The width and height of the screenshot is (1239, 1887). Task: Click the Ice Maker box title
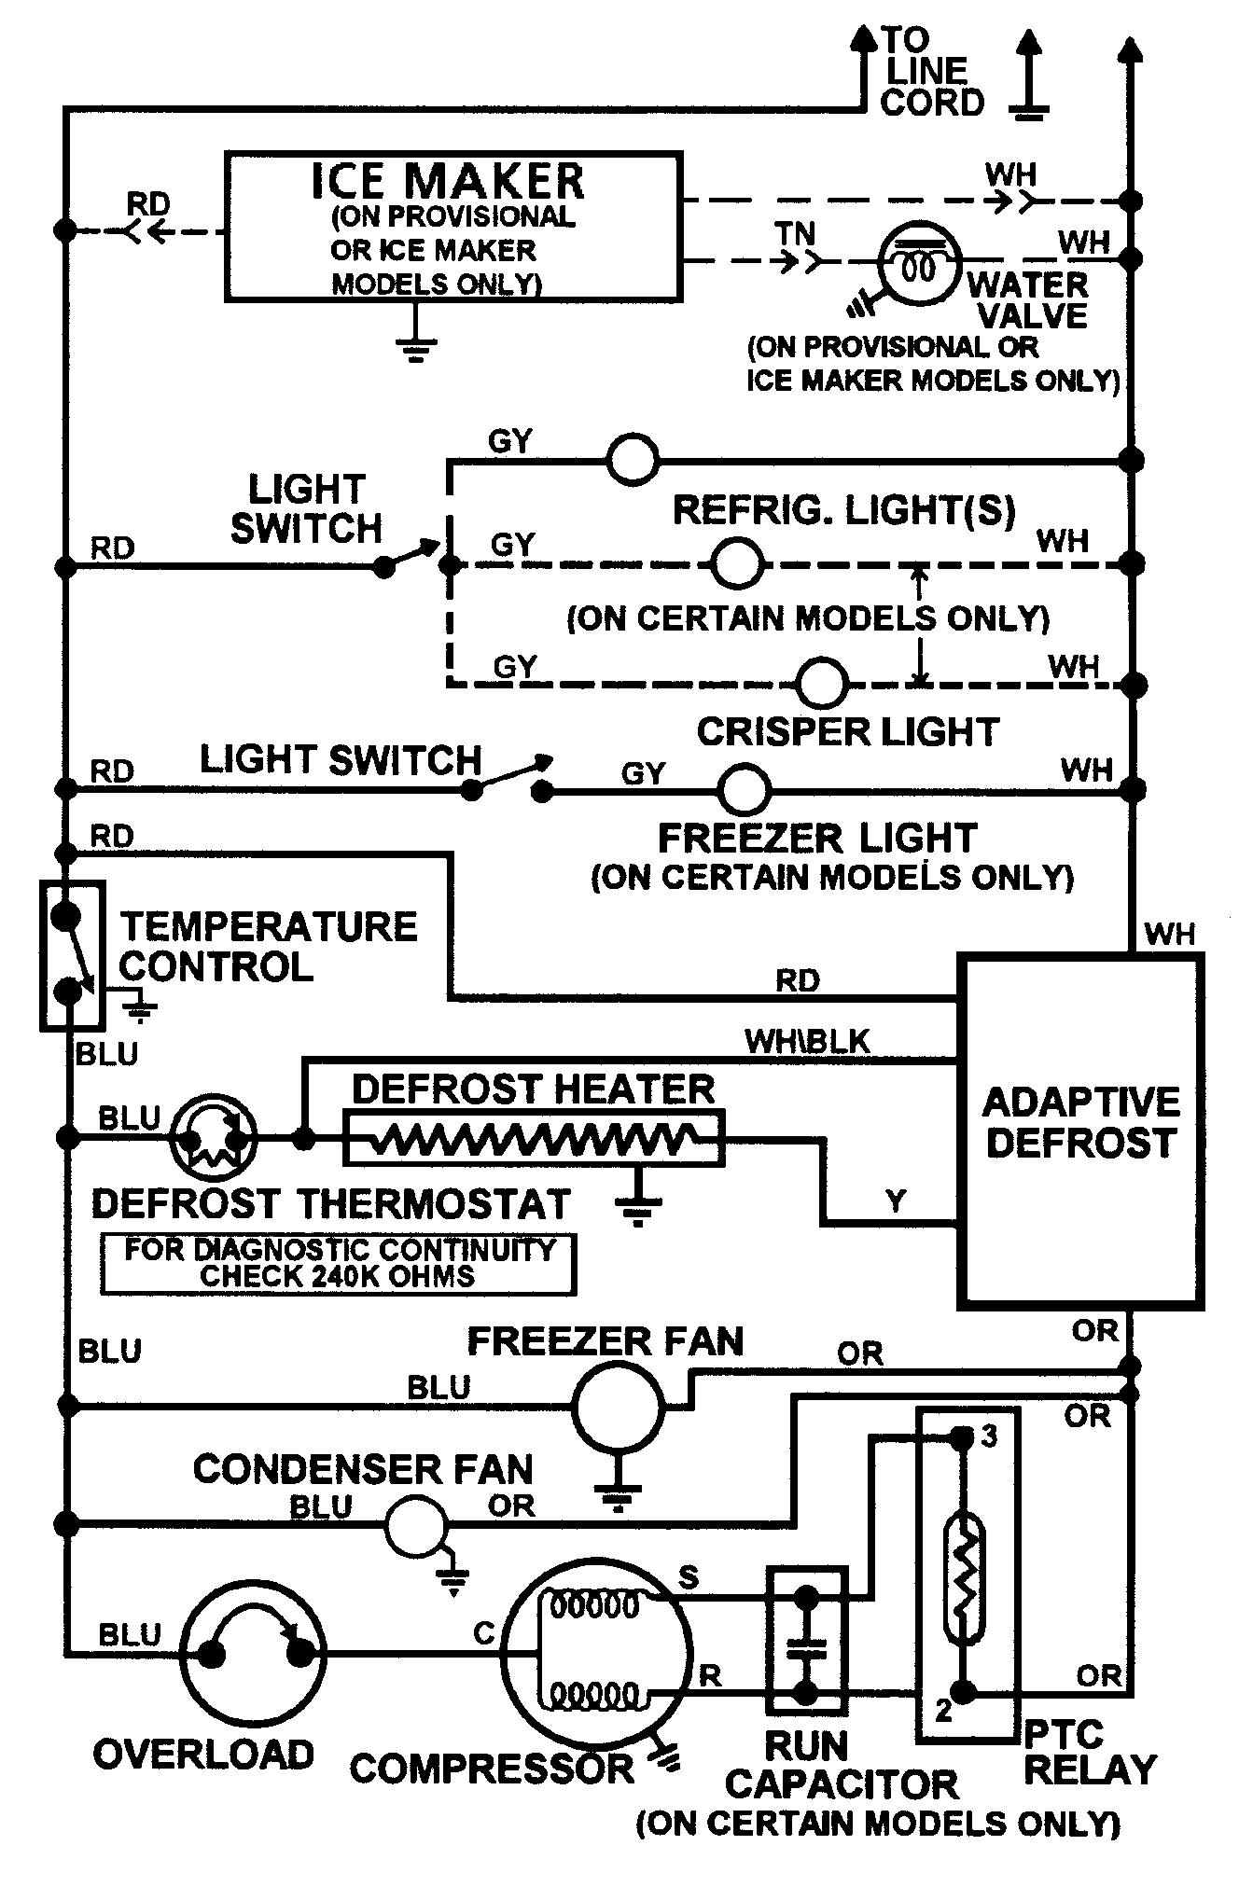pyautogui.click(x=448, y=181)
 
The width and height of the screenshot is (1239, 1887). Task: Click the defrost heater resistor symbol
pyautogui.click(x=534, y=1138)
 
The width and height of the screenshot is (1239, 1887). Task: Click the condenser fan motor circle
pyautogui.click(x=416, y=1525)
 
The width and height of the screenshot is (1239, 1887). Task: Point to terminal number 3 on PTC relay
pyautogui.click(x=989, y=1437)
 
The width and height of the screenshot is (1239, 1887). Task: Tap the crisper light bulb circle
pyautogui.click(x=823, y=684)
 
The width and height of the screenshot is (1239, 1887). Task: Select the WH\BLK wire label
pyautogui.click(x=806, y=1041)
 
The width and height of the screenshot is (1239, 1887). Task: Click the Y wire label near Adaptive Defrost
pyautogui.click(x=896, y=1200)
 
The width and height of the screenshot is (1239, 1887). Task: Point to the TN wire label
pyautogui.click(x=795, y=233)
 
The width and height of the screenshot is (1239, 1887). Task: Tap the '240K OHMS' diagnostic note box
pyautogui.click(x=338, y=1264)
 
